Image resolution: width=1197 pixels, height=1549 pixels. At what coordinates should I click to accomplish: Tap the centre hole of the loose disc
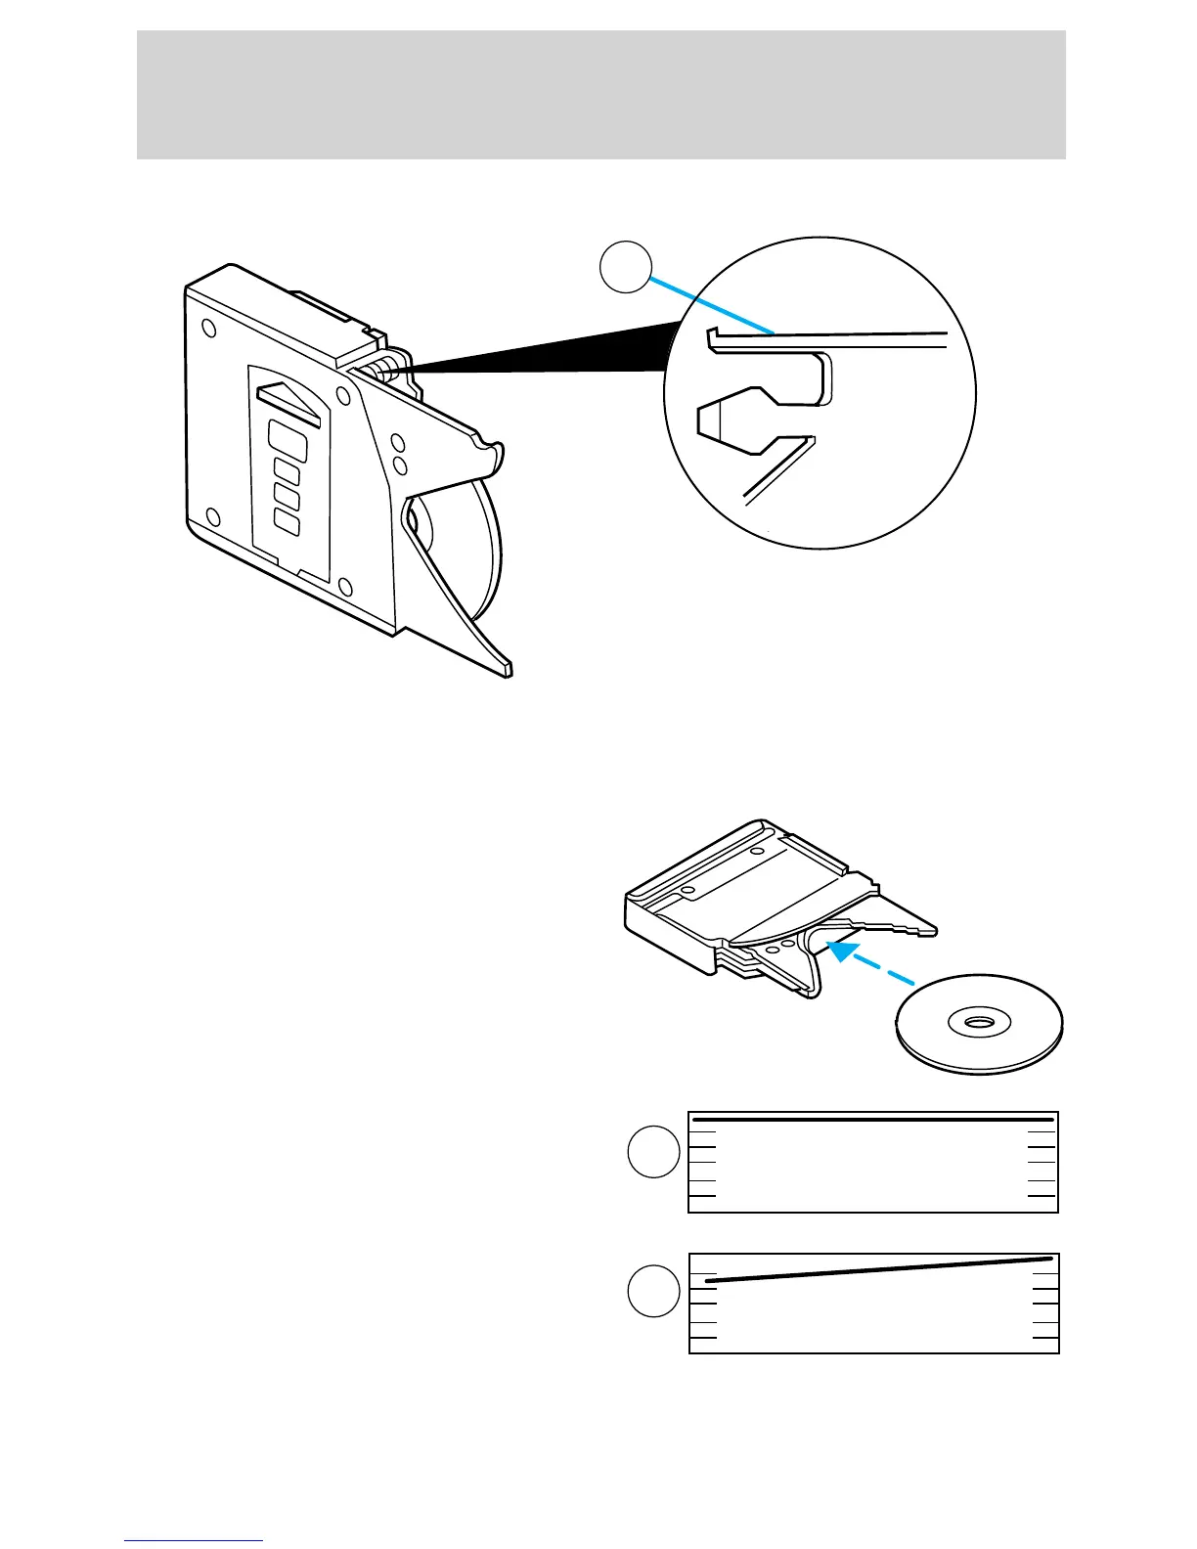click(977, 1023)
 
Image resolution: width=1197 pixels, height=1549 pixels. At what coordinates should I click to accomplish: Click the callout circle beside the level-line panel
click(653, 1151)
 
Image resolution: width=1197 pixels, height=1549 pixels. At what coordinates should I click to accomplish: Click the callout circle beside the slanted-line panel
click(653, 1291)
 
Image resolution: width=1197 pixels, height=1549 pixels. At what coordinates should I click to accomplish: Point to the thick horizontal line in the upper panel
click(872, 1119)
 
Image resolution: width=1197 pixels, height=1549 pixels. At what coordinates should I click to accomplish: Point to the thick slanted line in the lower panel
click(878, 1269)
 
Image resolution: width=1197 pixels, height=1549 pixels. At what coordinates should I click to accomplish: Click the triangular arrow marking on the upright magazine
click(289, 400)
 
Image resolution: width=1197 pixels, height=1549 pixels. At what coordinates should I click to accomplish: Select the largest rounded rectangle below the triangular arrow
click(288, 441)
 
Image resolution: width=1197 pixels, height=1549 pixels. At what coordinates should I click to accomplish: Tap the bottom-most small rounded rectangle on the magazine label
click(287, 521)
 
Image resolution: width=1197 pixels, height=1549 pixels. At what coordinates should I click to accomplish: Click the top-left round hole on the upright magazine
click(207, 329)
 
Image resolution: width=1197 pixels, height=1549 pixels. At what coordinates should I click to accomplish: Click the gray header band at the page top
click(600, 95)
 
